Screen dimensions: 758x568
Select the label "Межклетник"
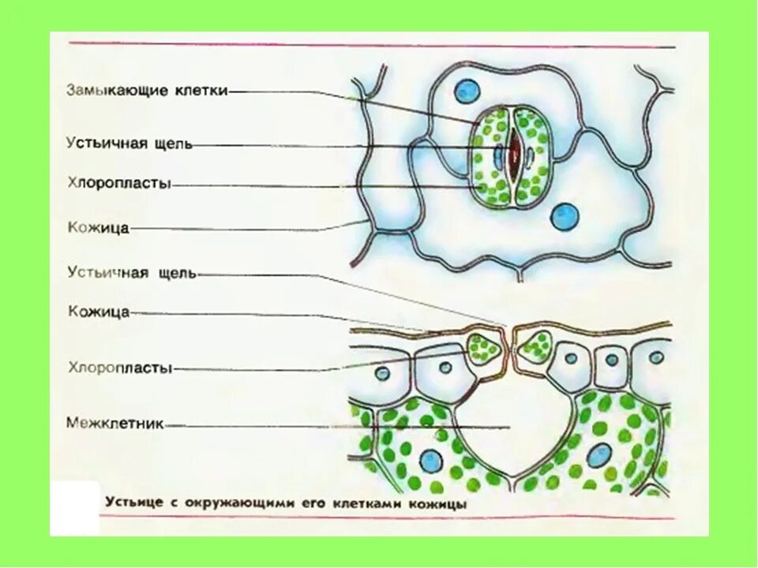coord(114,424)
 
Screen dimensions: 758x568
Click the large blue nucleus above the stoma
coord(467,91)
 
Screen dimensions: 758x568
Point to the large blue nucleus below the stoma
coord(564,216)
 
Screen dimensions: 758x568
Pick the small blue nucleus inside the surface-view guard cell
coord(498,157)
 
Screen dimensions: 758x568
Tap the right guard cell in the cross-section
coord(535,346)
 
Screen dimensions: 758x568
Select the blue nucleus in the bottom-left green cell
coord(431,461)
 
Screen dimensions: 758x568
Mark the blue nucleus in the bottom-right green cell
coord(599,455)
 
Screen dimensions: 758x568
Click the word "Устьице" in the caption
coord(131,503)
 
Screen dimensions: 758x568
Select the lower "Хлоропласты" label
coord(119,367)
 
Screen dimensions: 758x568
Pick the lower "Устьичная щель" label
coord(131,273)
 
